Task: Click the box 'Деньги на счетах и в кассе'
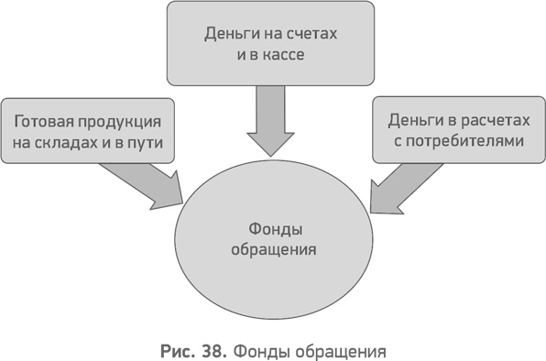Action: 271,43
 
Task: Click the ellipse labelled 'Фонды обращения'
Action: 275,237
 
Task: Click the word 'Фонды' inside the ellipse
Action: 274,227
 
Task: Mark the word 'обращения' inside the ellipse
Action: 274,248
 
